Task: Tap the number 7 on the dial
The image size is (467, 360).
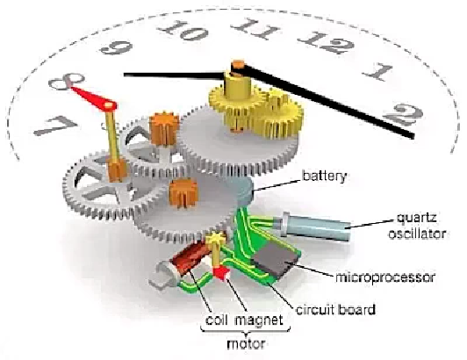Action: tap(55, 126)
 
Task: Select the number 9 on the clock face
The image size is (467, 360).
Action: tap(116, 47)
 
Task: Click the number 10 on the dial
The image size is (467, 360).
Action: tap(183, 30)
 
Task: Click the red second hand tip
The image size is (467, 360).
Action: tap(72, 88)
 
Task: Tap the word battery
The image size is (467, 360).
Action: tap(324, 176)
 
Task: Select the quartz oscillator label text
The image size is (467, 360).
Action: tap(417, 226)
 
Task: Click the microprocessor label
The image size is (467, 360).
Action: tap(385, 277)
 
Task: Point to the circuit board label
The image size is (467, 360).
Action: tap(335, 309)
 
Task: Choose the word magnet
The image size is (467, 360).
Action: tap(258, 321)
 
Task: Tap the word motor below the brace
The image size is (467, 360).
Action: tap(246, 344)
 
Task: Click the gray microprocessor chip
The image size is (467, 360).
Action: tap(275, 260)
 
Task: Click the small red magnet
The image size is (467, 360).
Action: tap(221, 273)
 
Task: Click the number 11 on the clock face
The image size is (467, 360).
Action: tap(255, 29)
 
